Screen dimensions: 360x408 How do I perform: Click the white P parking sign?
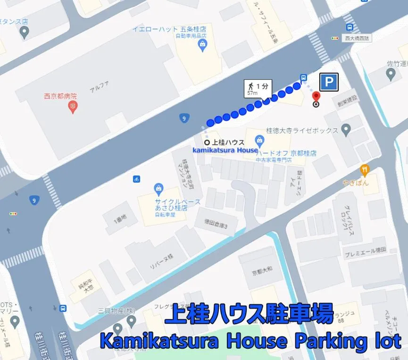coord(329,83)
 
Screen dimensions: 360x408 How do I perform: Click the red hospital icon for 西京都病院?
coord(73,108)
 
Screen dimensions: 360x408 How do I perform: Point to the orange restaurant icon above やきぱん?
coord(364,170)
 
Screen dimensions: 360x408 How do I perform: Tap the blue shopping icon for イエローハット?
coord(203,45)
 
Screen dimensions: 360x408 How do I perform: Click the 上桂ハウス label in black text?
coord(228,142)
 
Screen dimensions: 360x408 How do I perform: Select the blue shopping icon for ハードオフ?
coord(259,140)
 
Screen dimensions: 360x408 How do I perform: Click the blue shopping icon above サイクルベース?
coord(159,190)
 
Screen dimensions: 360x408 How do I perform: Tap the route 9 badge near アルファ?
coord(184,118)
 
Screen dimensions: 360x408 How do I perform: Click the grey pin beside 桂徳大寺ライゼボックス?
coord(346,129)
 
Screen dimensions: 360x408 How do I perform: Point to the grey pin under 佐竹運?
coord(391,74)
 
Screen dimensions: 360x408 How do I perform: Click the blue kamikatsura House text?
coord(225,150)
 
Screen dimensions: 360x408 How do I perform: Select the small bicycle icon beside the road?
coord(136,179)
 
